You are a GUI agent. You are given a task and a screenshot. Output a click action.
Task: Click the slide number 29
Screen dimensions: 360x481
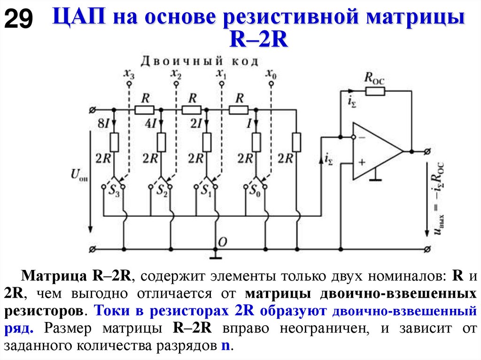pyautogui.click(x=19, y=20)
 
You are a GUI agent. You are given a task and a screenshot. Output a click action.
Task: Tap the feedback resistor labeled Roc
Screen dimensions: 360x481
pyautogui.click(x=374, y=91)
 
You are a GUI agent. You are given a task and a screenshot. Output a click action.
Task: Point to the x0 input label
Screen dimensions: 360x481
pyautogui.click(x=271, y=74)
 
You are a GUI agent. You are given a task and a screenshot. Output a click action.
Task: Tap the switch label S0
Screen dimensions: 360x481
pyautogui.click(x=254, y=191)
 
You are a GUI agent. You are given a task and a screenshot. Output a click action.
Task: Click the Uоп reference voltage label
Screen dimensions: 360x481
pyautogui.click(x=79, y=175)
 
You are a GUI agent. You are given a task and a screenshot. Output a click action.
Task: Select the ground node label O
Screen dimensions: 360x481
pyautogui.click(x=223, y=241)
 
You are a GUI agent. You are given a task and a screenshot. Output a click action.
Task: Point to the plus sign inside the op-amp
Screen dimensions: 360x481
pyautogui.click(x=362, y=162)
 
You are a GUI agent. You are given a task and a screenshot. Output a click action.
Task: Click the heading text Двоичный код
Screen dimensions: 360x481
pyautogui.click(x=200, y=61)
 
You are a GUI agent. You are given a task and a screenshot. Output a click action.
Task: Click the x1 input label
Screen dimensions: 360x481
pyautogui.click(x=221, y=74)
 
